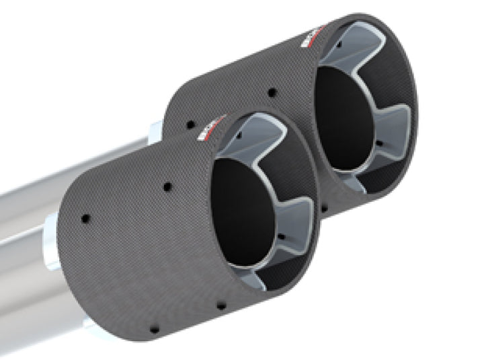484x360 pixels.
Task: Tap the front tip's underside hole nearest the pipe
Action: coord(151,330)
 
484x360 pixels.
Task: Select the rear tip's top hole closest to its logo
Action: coord(272,92)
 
